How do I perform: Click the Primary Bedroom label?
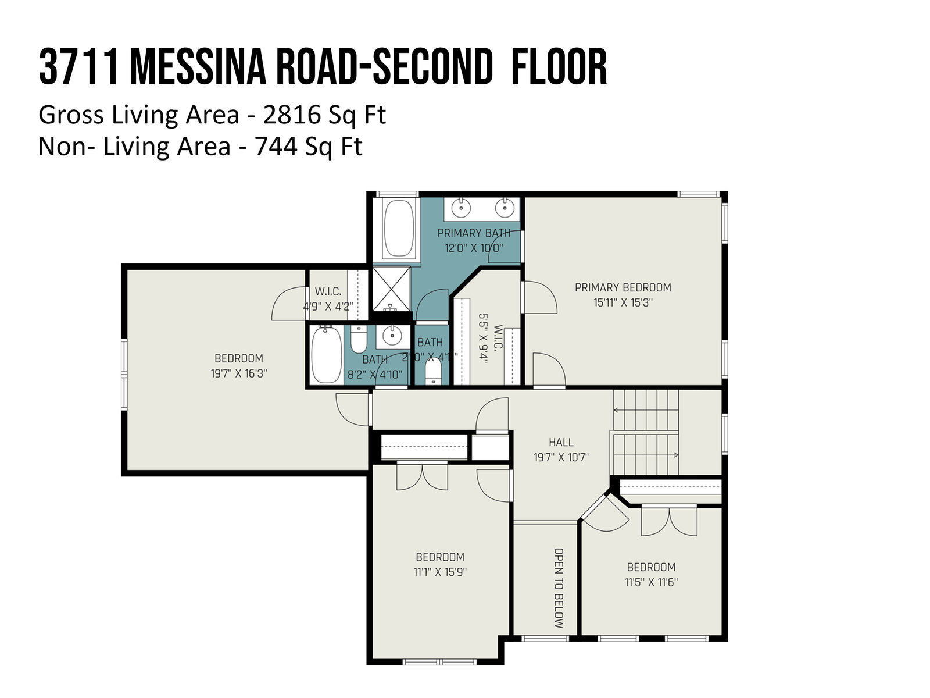pos(623,287)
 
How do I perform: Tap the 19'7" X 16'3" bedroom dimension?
pos(238,373)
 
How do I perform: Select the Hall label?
pos(561,443)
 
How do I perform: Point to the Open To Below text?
pos(559,588)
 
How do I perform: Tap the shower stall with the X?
pos(391,289)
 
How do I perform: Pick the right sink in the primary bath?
pos(504,208)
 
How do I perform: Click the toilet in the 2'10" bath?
pos(433,371)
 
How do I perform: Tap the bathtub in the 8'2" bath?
pos(326,355)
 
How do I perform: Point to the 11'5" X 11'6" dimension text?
pos(651,582)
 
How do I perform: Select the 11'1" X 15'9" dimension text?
pos(440,572)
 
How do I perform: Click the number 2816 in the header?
pos(291,115)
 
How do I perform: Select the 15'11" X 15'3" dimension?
pos(623,302)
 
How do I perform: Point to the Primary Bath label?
pos(474,233)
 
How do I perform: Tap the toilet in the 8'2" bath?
pos(359,340)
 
